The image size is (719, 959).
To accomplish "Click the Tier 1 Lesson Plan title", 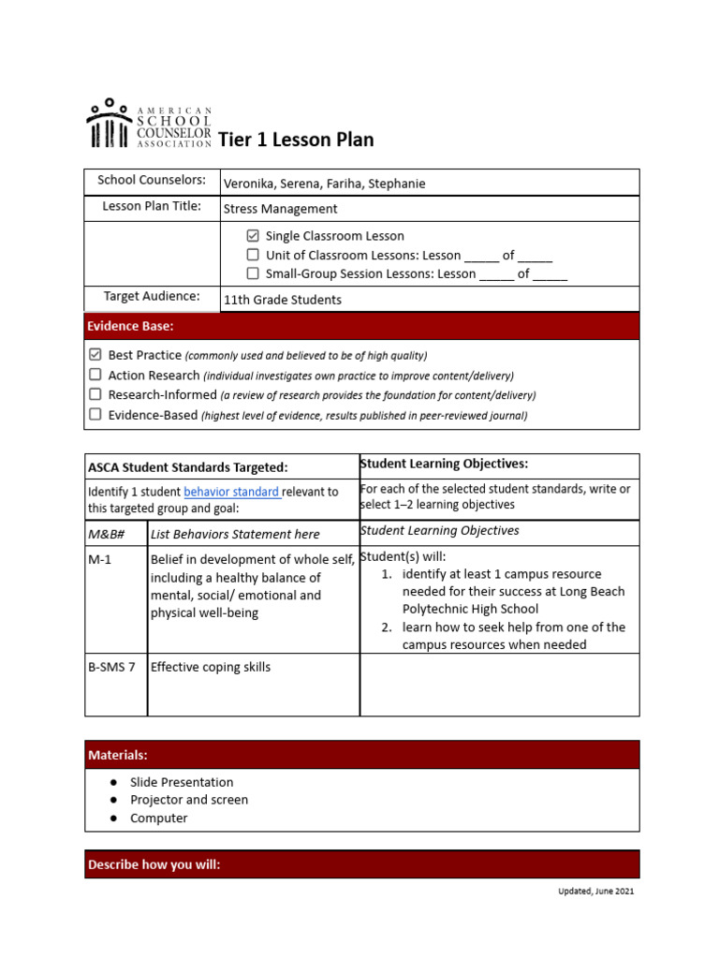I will click(x=296, y=140).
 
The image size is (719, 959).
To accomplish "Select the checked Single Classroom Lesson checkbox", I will click(x=253, y=236).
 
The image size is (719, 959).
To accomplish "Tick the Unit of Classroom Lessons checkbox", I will click(x=253, y=255).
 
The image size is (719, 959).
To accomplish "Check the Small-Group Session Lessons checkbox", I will click(x=253, y=273).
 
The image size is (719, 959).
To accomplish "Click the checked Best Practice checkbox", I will click(x=95, y=355).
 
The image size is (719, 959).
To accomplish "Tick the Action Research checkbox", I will click(x=95, y=375).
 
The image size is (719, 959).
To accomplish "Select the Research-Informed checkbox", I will click(x=95, y=394).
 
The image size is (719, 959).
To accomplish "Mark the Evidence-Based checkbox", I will click(x=95, y=414).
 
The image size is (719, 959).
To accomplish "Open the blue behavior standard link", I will click(x=231, y=492).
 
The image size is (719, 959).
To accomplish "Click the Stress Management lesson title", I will click(x=280, y=209).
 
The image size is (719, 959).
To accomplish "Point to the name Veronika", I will click(x=251, y=184).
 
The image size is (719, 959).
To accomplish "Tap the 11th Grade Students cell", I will click(x=282, y=300).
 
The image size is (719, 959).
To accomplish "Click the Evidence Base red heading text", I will click(x=130, y=326).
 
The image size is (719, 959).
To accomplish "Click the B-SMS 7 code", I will click(x=111, y=668).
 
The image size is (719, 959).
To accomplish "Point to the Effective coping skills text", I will click(x=211, y=668).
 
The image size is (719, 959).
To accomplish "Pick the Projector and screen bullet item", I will click(x=189, y=800).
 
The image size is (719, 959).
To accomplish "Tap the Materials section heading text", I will click(x=117, y=755).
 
